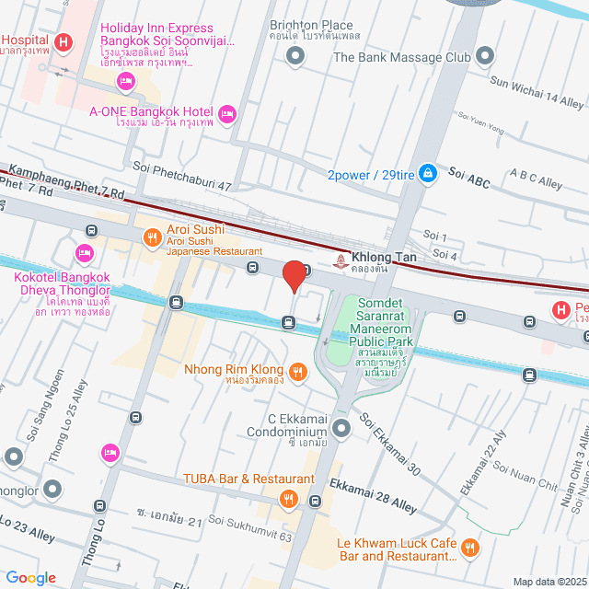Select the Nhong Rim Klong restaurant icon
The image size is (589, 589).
296,372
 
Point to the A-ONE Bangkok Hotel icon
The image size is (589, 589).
228,113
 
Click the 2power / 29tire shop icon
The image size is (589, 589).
427,173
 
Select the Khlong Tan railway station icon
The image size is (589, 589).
342,261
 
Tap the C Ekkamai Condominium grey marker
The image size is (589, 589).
341,428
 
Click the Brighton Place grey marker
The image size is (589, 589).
295,58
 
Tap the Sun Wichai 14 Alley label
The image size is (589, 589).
537,89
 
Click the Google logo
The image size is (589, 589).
29,578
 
